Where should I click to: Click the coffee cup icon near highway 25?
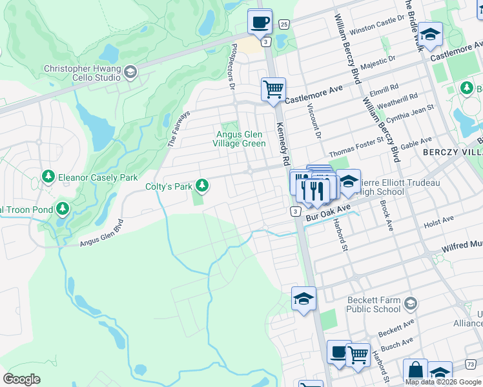coord(260,22)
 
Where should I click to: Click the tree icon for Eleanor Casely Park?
coord(48,177)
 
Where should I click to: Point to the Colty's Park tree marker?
coord(203,186)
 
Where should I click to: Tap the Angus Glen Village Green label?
coord(240,139)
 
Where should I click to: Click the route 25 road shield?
coord(283,24)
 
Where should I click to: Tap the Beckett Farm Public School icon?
coord(409,303)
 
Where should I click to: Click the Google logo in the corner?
coord(22,379)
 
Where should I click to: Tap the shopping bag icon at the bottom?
coord(415,371)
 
